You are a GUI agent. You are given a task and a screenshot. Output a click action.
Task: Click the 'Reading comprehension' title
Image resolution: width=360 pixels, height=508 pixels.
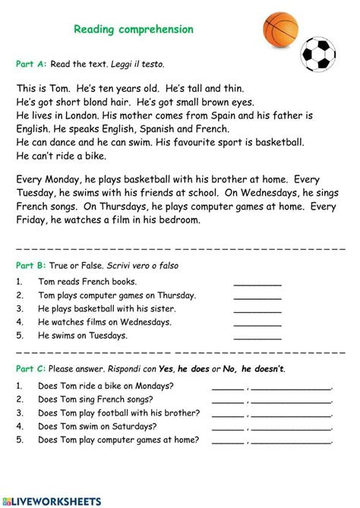pyautogui.click(x=134, y=30)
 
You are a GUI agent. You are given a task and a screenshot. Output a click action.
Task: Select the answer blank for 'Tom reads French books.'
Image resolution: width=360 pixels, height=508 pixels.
pyautogui.click(x=257, y=282)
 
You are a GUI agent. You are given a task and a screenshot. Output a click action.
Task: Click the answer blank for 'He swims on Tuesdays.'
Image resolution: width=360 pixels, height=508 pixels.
pyautogui.click(x=257, y=336)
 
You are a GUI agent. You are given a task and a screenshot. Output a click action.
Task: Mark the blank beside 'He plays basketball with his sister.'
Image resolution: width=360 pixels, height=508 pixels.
pyautogui.click(x=257, y=310)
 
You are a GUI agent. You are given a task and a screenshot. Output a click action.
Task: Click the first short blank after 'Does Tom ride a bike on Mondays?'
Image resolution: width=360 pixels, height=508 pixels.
pyautogui.click(x=228, y=387)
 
